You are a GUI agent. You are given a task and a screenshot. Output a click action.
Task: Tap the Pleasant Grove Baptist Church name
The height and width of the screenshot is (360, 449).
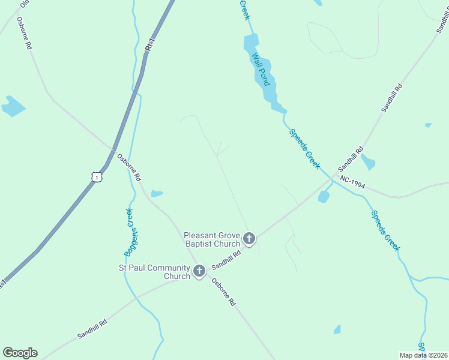[212, 240]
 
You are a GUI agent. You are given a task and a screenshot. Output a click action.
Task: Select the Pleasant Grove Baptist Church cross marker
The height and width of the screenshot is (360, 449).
[249, 239]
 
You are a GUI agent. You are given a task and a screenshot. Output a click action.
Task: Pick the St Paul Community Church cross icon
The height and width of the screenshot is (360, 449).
[199, 272]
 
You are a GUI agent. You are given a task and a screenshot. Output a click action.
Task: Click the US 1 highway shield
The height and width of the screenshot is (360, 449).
[96, 176]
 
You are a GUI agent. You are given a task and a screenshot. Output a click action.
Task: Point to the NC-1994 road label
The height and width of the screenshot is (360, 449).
[352, 182]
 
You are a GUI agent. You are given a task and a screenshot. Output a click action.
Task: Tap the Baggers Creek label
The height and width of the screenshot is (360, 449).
[128, 233]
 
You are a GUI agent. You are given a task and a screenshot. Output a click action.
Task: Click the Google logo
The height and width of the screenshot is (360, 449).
[20, 353]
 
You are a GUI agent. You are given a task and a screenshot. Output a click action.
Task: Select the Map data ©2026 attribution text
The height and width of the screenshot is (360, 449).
[423, 355]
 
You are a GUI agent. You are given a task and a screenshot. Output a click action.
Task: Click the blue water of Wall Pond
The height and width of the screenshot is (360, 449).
[251, 43]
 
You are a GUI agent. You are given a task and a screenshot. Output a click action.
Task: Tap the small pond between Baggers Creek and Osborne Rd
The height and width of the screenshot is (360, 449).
[157, 193]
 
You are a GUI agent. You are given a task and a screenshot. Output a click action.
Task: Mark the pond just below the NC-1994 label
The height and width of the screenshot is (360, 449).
[324, 196]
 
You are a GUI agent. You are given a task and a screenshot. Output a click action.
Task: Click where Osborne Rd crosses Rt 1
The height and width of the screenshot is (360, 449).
[112, 149]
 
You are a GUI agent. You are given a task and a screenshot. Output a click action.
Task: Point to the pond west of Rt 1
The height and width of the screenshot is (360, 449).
[13, 106]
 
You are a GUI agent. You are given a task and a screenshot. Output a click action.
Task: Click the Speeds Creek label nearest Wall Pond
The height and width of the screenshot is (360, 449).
[304, 148]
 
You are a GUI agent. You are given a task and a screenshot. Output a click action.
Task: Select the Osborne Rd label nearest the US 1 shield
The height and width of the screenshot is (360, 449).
[129, 167]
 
